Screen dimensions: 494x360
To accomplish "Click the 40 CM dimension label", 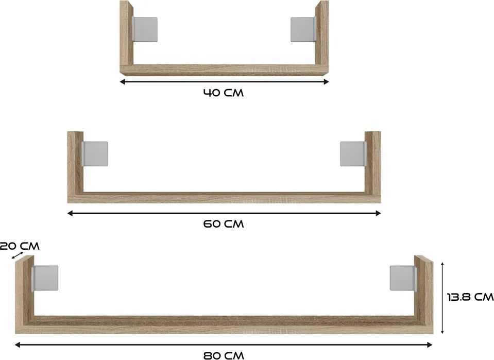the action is pos(224,93).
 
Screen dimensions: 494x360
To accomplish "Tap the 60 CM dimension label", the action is pos(224,224).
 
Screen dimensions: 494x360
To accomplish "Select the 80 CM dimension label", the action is pos(224,355).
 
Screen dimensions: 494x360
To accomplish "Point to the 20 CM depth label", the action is pos(20,246).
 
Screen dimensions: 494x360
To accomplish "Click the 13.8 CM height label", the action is pos(470,297).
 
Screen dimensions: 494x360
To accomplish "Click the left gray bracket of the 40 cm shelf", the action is pos(145,29).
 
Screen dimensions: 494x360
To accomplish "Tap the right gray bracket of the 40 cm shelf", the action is pos(303,29).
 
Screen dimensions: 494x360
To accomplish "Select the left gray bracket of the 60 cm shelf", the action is pos(95,153).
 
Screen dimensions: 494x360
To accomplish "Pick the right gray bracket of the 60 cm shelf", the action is pos(353,153).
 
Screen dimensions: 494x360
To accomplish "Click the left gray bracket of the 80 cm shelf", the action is pos(45,278).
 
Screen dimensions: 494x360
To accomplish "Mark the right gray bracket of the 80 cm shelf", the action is pos(403,278).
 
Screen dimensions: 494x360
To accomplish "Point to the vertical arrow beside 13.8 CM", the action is pos(442,298).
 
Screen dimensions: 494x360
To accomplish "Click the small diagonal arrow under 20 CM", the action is pos(18,255).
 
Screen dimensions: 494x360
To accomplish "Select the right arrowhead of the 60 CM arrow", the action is pos(378,213).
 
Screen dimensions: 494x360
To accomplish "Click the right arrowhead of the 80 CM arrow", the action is pos(429,345).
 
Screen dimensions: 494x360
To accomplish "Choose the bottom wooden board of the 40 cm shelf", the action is pos(224,70).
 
